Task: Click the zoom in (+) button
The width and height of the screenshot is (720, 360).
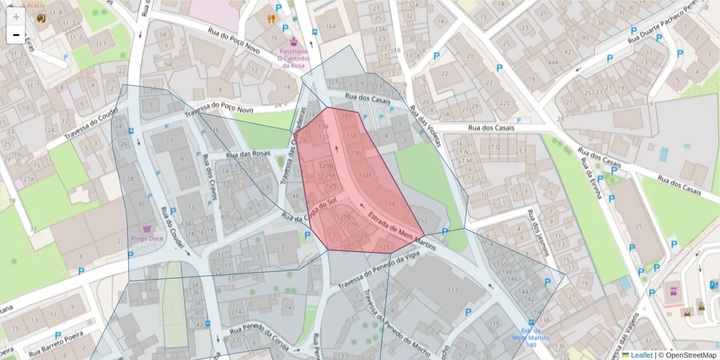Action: (16, 16)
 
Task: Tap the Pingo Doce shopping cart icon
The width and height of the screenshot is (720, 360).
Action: (147, 229)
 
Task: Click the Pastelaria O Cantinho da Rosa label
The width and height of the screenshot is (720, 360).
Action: (293, 58)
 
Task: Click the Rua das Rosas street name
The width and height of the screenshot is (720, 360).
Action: (248, 155)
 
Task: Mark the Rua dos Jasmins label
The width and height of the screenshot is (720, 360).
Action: (538, 232)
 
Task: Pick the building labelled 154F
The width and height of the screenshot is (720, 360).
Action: (365, 175)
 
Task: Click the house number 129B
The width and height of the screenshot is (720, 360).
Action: (327, 166)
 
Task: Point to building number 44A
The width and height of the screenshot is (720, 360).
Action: (553, 62)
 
